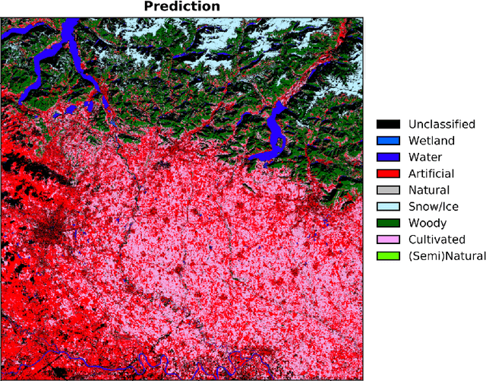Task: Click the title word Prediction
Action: click(x=182, y=7)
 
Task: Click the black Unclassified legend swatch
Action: click(x=389, y=124)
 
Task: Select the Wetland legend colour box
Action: click(x=389, y=141)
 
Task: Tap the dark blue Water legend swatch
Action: click(x=389, y=157)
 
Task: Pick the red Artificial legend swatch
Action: click(x=389, y=173)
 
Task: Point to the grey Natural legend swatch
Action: click(x=389, y=190)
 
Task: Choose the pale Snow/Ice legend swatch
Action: click(x=389, y=207)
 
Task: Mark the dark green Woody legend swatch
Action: click(x=389, y=223)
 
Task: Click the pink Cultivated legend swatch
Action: click(x=389, y=240)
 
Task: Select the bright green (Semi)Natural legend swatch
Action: click(x=389, y=256)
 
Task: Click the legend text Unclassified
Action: click(x=442, y=124)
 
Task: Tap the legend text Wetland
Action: click(x=431, y=141)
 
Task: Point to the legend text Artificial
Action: click(x=431, y=173)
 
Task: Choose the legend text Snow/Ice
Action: click(x=433, y=207)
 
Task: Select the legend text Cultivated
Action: click(x=437, y=240)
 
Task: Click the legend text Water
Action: click(x=426, y=157)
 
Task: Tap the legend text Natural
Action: click(x=429, y=190)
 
